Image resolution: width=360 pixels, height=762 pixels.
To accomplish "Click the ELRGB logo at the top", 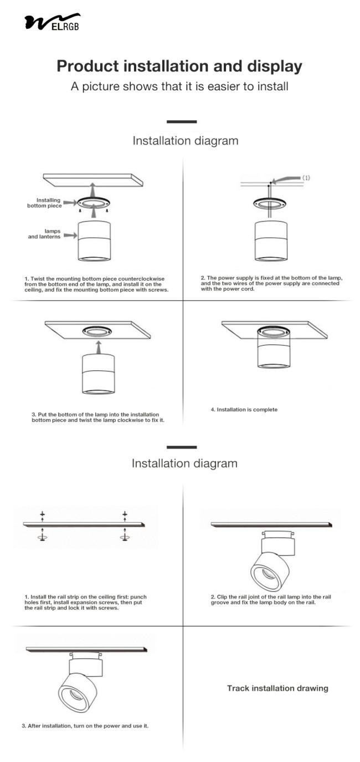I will [x=52, y=22].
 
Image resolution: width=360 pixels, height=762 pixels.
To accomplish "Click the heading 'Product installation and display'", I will [x=179, y=66].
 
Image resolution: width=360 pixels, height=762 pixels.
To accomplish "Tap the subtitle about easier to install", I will [x=179, y=87].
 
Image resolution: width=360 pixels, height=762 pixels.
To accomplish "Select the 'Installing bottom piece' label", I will [x=45, y=203].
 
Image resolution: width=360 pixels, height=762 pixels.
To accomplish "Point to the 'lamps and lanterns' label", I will [x=45, y=235].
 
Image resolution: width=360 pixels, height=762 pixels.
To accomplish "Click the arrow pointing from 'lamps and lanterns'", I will [x=70, y=235].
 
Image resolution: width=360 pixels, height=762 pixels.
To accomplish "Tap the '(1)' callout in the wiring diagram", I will [x=306, y=178].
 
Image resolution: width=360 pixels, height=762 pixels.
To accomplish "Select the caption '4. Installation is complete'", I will [x=244, y=410].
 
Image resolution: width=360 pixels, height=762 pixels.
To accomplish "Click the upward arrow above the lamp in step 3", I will [x=98, y=347].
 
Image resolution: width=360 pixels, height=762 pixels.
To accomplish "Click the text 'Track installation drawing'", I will [x=277, y=688].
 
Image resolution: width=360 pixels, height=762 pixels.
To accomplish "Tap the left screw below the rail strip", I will [x=42, y=537].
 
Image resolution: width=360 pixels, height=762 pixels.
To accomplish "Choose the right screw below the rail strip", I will [x=125, y=537].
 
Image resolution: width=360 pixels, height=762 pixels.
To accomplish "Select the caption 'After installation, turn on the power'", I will [x=88, y=726].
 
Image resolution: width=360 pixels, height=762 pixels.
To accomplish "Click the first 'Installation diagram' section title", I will [x=185, y=141].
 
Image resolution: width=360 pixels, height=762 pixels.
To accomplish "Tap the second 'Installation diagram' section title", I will [x=184, y=463].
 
